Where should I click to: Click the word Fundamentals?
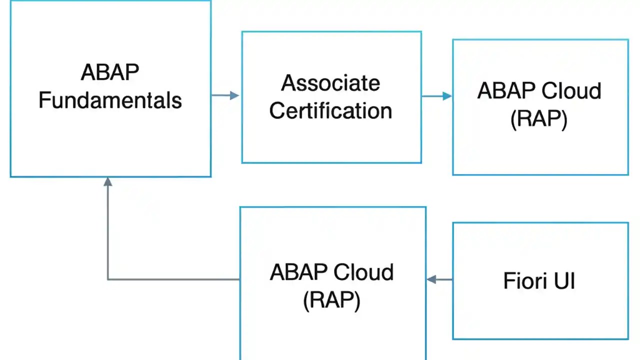coord(110,100)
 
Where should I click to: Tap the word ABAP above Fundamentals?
coord(110,72)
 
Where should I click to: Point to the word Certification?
coord(330,110)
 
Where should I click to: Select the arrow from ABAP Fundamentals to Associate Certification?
coord(225,95)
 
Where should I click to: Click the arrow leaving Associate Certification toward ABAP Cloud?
coord(437,96)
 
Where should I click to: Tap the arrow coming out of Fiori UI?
coord(439,280)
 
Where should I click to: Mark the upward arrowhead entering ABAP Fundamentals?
coord(107,182)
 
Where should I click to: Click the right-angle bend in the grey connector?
coord(107,279)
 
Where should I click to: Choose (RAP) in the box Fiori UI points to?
coord(331,301)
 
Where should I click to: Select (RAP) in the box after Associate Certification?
coord(539,120)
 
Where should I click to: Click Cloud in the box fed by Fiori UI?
coord(363,272)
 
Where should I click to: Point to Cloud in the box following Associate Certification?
coord(571,91)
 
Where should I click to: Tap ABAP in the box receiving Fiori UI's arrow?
coord(298,272)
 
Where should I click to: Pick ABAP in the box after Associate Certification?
coord(506,91)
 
